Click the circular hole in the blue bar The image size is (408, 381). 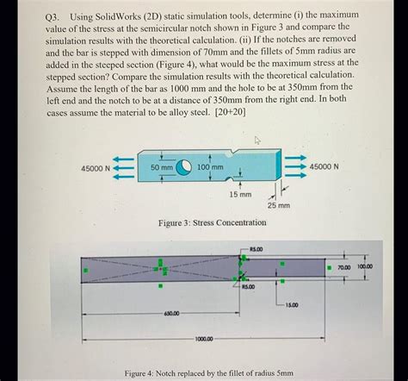183,167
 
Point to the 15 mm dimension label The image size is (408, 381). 240,195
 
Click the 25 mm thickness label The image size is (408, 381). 279,205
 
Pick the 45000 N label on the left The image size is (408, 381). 96,168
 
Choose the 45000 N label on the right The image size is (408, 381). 325,166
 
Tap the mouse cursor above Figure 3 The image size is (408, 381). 257,141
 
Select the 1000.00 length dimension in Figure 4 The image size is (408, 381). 204,339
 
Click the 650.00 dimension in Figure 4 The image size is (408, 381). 171,313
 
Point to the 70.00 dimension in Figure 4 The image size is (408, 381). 344,267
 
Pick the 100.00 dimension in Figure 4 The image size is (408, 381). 365,266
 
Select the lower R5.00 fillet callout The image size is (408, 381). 249,286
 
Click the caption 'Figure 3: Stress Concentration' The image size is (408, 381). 213,222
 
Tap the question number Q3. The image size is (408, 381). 53,18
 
